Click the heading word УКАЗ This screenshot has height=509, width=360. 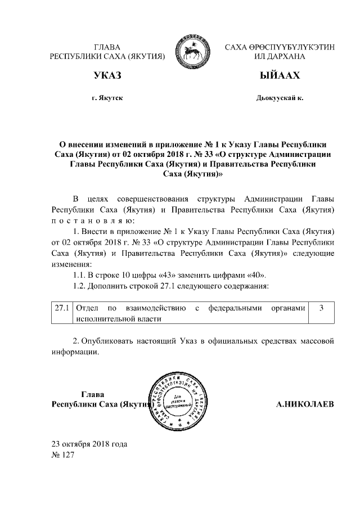107,76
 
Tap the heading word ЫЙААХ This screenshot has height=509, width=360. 280,76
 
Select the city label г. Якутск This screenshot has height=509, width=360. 107,98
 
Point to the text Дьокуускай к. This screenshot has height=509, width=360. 280,98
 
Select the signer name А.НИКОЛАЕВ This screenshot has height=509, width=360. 305,404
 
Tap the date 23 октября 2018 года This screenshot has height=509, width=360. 89,444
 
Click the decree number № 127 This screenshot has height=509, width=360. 62,454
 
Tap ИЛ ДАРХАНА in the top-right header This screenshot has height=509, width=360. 280,57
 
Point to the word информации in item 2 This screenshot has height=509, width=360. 75,353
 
